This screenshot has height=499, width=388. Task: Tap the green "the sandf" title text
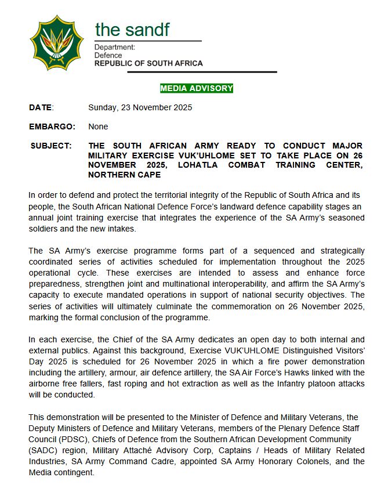[132, 29]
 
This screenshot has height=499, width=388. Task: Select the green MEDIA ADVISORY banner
[197, 88]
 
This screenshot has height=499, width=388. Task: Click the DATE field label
[41, 107]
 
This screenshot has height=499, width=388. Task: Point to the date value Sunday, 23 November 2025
[140, 107]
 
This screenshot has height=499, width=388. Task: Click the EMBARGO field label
[52, 126]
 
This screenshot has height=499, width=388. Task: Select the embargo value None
[98, 126]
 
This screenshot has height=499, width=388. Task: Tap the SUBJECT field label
[51, 146]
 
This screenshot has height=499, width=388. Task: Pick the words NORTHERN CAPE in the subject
[120, 175]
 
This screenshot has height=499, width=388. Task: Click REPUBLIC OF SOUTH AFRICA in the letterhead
[148, 63]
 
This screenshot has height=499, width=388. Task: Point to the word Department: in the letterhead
[115, 47]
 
